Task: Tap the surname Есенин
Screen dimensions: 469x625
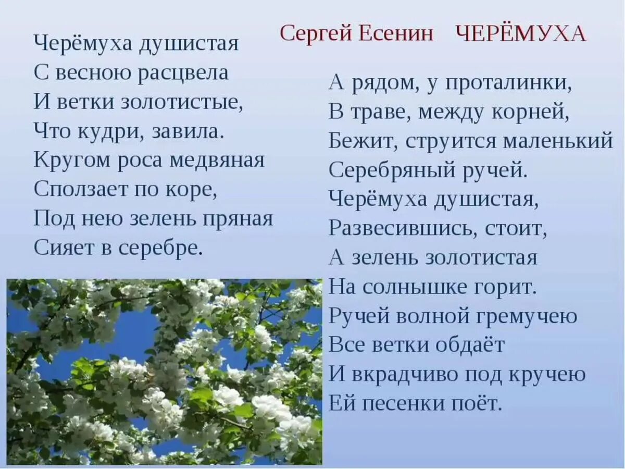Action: click(x=395, y=33)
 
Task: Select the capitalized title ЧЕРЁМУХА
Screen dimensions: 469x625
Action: click(x=521, y=34)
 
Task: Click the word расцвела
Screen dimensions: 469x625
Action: click(x=183, y=72)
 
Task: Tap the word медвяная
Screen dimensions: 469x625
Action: click(x=217, y=160)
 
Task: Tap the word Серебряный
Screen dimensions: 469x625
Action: click(x=389, y=170)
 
